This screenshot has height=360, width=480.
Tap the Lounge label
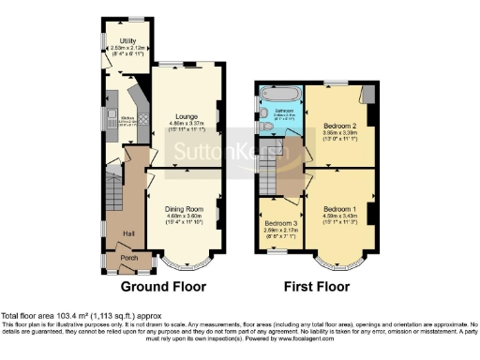click(186, 115)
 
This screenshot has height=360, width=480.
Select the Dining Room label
click(186, 208)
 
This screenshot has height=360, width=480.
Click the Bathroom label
click(284, 111)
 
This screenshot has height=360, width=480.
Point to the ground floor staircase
click(112, 197)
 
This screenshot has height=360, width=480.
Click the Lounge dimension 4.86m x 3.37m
click(186, 122)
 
